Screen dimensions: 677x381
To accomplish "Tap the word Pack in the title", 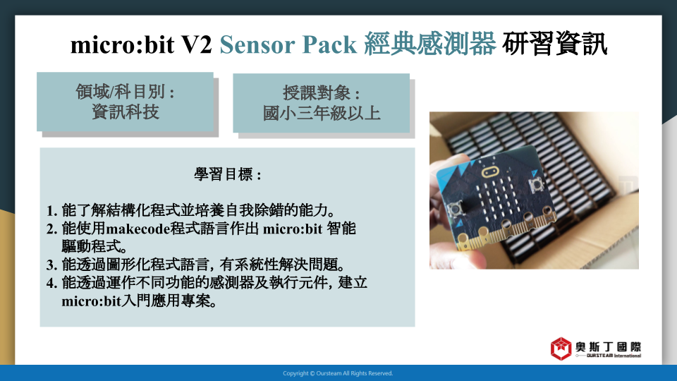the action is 329,44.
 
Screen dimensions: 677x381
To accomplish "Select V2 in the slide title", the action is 197,44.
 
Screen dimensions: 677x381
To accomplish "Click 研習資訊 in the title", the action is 554,44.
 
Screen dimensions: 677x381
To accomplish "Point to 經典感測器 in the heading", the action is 429,44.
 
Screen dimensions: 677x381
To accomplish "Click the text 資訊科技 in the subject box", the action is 126,112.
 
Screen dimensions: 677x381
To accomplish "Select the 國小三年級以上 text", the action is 322,114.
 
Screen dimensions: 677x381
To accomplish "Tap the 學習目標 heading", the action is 228,174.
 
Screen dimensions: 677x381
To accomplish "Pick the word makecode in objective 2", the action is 138,229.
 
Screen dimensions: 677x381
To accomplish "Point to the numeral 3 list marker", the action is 51,265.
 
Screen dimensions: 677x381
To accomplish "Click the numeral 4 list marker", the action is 51,283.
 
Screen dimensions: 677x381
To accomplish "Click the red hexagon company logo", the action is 561,349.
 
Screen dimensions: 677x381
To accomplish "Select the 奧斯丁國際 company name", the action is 608,347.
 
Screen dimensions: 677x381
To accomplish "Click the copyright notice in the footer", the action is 338,373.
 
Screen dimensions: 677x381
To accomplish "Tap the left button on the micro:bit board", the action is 456,209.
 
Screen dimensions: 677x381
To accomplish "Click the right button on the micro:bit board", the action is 536,185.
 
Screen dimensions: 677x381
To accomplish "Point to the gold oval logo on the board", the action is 490,172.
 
